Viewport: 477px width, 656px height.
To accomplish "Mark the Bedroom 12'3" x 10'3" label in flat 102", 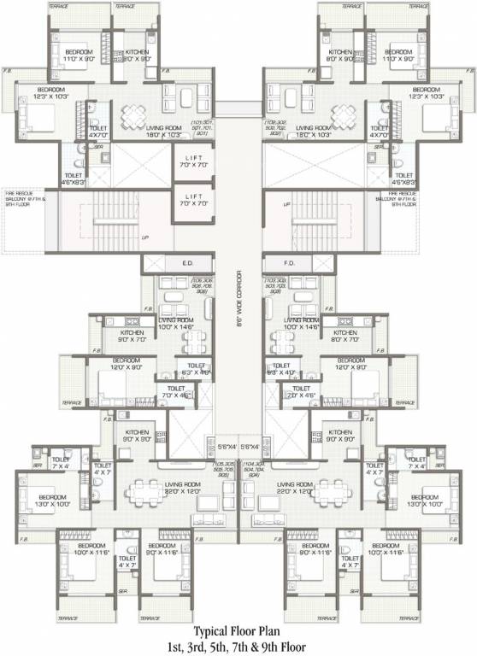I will [425, 94].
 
